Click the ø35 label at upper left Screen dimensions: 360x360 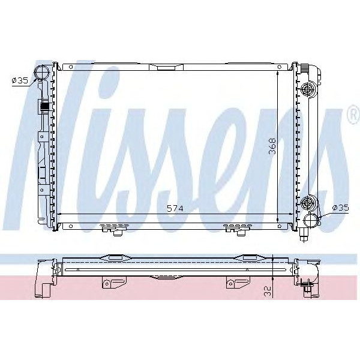(20, 79)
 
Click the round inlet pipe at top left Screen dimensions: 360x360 (42, 74)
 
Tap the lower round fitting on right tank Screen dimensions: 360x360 (308, 202)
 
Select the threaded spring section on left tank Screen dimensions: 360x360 (44, 108)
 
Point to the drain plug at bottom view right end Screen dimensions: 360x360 (307, 290)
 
